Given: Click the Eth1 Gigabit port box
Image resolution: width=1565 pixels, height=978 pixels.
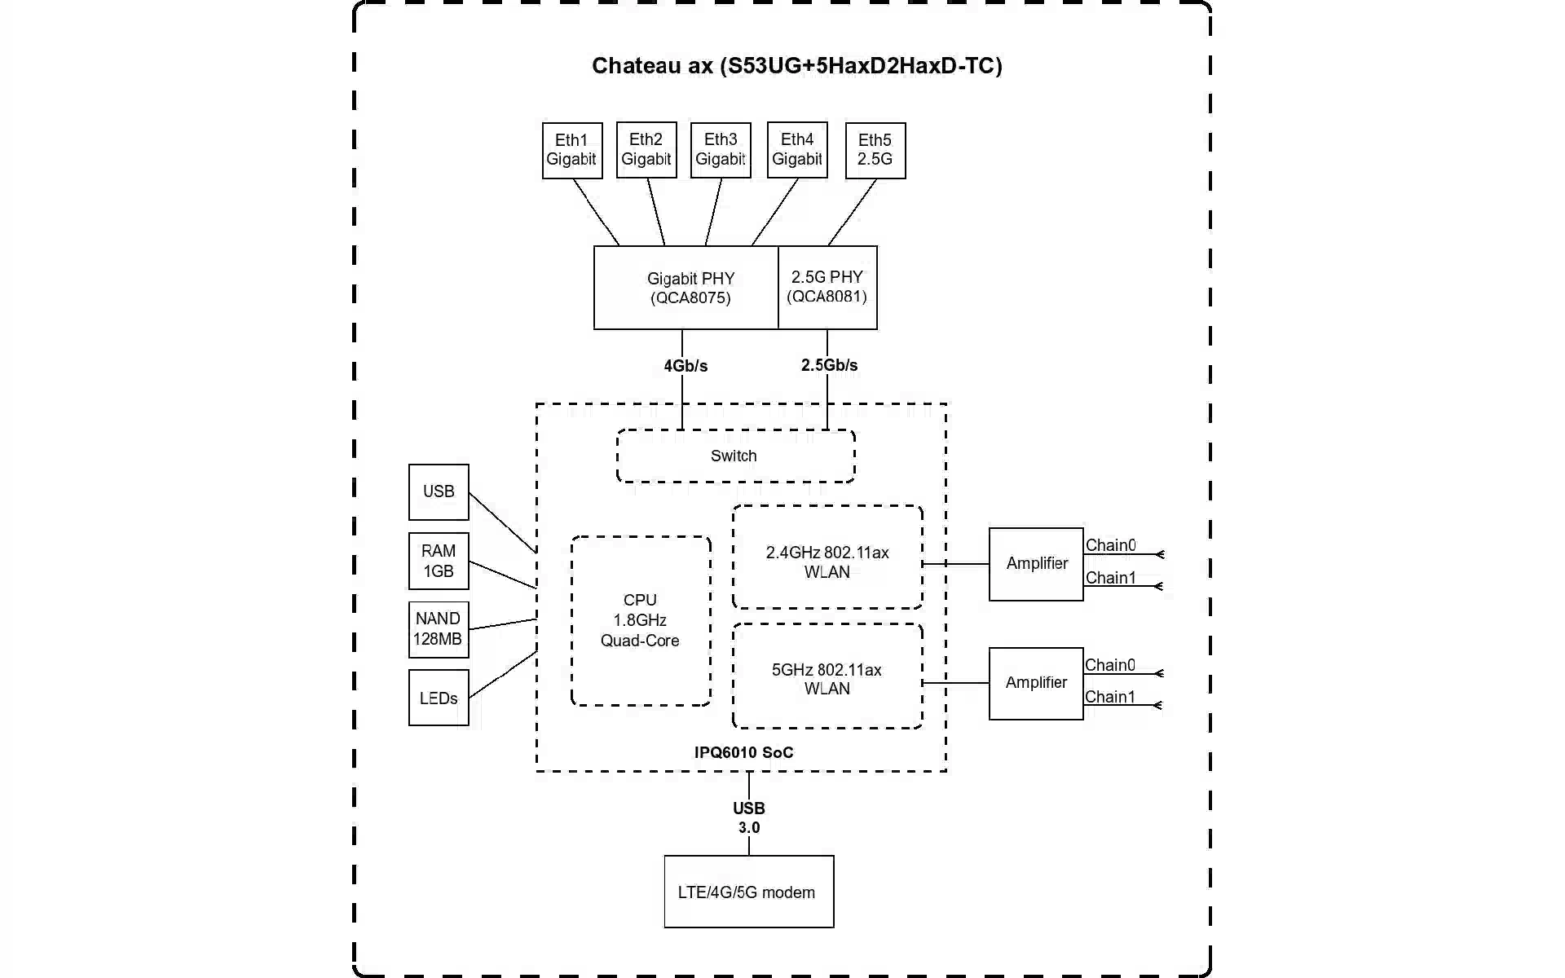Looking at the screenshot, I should coord(572,151).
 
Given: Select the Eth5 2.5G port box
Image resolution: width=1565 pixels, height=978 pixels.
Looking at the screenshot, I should coord(875,151).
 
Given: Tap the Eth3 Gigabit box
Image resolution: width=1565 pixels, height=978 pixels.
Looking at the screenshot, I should coord(721,151).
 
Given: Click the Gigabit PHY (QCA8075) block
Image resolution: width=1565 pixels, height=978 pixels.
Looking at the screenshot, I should coord(686,288).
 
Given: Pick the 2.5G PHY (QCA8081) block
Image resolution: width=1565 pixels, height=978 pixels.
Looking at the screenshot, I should coord(827,288).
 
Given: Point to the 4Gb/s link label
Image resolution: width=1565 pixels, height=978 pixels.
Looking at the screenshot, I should coord(686,366).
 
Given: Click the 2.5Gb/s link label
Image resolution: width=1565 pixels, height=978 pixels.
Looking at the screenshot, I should coord(829,365).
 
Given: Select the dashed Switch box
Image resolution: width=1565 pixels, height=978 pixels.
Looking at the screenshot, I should coord(735,456).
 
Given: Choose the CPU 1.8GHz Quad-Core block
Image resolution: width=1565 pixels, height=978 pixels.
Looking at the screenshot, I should coord(641,620).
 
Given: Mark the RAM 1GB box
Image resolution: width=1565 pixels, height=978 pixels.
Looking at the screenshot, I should coord(439,562).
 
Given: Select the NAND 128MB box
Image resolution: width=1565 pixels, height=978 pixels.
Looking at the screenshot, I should coord(439,629).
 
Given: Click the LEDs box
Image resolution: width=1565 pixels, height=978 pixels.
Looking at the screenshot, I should coord(439,698).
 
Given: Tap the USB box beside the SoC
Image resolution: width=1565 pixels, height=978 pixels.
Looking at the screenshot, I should coord(439,492).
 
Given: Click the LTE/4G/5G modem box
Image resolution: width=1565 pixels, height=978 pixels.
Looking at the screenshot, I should coord(748,892).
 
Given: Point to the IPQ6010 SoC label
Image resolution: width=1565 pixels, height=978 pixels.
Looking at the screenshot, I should coord(743,752).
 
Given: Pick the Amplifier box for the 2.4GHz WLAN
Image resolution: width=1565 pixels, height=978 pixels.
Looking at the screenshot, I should coord(1036,564).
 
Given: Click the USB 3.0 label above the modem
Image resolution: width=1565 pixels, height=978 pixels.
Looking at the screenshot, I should coord(749,817).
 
